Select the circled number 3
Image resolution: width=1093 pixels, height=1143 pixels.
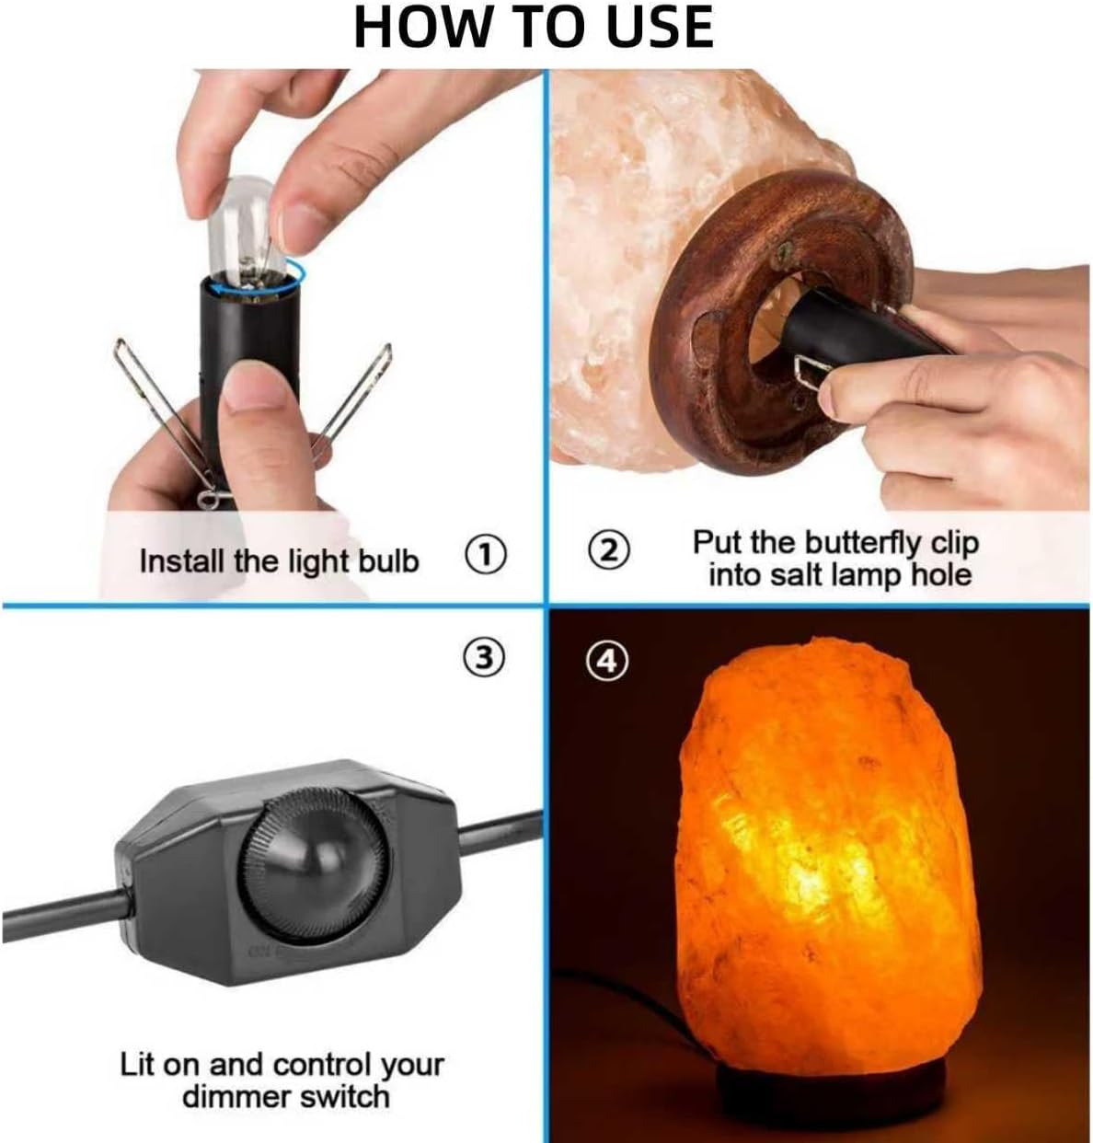tap(483, 658)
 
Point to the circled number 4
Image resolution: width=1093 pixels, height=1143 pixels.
tap(607, 662)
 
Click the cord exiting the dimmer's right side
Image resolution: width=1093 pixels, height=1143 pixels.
tap(500, 832)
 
